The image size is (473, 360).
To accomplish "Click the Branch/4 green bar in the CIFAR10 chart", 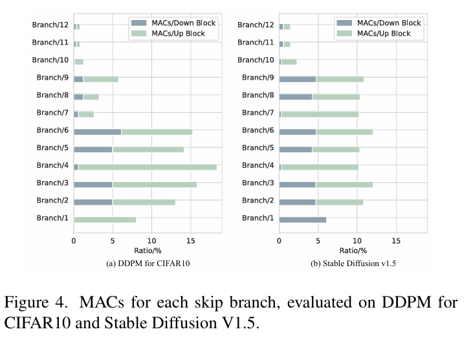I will click(x=148, y=166).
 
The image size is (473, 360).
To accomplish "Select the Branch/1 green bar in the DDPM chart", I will click(x=105, y=219).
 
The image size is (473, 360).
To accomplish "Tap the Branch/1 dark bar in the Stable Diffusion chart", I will click(x=302, y=219).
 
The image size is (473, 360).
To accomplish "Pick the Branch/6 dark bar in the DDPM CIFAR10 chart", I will click(x=97, y=131).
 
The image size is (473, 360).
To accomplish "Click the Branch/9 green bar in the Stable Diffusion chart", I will click(x=340, y=79).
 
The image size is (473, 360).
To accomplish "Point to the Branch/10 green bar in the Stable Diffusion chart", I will click(x=289, y=62).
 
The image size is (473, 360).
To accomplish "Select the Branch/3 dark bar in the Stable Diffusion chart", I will click(x=297, y=185).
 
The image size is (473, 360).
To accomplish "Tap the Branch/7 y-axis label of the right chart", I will click(x=258, y=113).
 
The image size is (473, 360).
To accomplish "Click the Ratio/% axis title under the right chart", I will click(x=353, y=251).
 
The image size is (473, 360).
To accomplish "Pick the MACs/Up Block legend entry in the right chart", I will click(x=382, y=33).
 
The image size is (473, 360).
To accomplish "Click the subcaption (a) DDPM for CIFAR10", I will click(x=146, y=264).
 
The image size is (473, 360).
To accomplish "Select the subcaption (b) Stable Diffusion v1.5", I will click(x=353, y=264).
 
